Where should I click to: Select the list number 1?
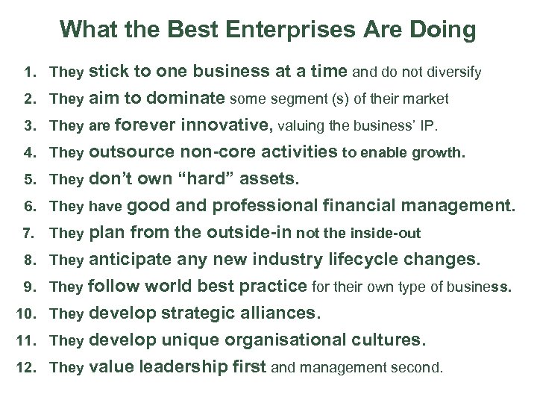coord(29,73)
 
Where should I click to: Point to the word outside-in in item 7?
coord(248,232)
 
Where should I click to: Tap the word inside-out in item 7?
coord(388,234)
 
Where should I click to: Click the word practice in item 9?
coord(271,285)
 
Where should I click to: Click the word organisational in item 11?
coord(279,341)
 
